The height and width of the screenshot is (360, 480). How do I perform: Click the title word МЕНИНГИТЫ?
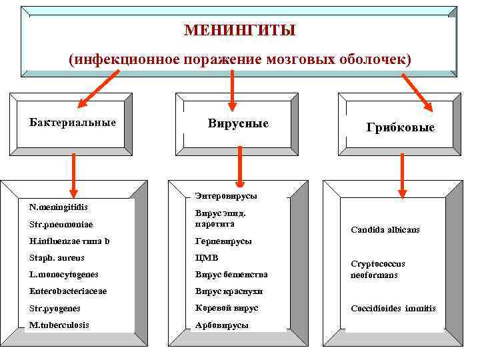[239, 31]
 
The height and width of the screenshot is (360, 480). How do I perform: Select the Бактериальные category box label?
[73, 123]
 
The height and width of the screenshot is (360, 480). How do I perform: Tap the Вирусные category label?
[238, 123]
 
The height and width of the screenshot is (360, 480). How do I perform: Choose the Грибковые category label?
[400, 127]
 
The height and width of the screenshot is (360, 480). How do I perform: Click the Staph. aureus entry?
[57, 258]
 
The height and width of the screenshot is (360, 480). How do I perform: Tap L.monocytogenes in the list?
[64, 275]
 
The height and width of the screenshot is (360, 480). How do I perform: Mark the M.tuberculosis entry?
[59, 325]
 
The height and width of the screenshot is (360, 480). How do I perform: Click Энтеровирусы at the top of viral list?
[226, 196]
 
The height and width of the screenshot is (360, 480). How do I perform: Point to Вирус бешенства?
[231, 275]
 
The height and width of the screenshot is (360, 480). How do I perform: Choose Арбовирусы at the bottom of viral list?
[221, 325]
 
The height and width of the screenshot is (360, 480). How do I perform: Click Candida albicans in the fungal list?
[385, 230]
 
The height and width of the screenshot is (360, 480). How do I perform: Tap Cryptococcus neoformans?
[377, 269]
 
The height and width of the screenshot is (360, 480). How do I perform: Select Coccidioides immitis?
[393, 309]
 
